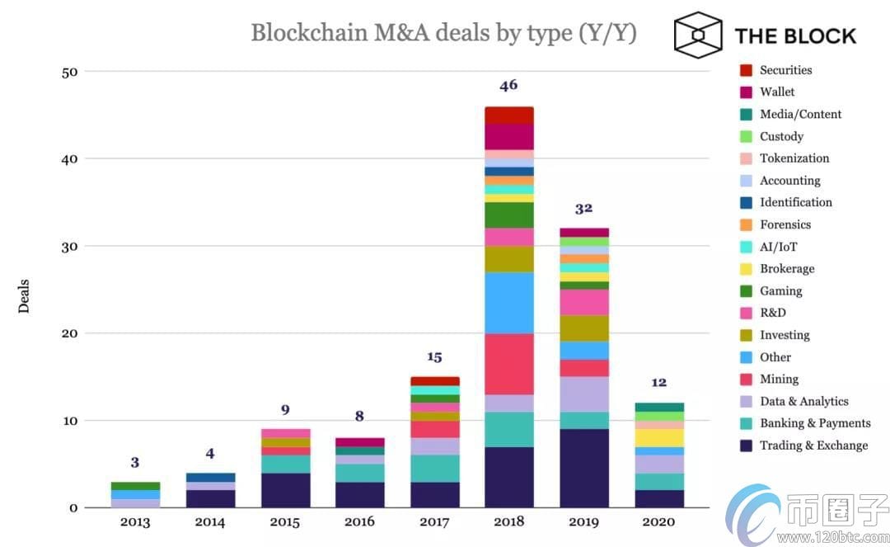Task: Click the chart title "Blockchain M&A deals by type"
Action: [443, 33]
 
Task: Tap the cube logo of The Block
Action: [697, 35]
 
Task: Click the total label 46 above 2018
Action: [508, 85]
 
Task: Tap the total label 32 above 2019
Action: [583, 208]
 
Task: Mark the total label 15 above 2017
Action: [434, 356]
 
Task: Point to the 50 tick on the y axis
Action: [69, 72]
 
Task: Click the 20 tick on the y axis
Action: [69, 333]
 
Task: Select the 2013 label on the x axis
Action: [134, 521]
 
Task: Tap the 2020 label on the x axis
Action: [658, 521]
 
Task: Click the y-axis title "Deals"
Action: [24, 295]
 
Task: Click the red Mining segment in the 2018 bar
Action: [508, 364]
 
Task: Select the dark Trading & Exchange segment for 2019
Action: [583, 468]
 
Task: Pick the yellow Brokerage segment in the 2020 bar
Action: [658, 437]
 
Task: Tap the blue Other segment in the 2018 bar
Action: [508, 302]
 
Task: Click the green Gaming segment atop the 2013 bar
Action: [134, 486]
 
